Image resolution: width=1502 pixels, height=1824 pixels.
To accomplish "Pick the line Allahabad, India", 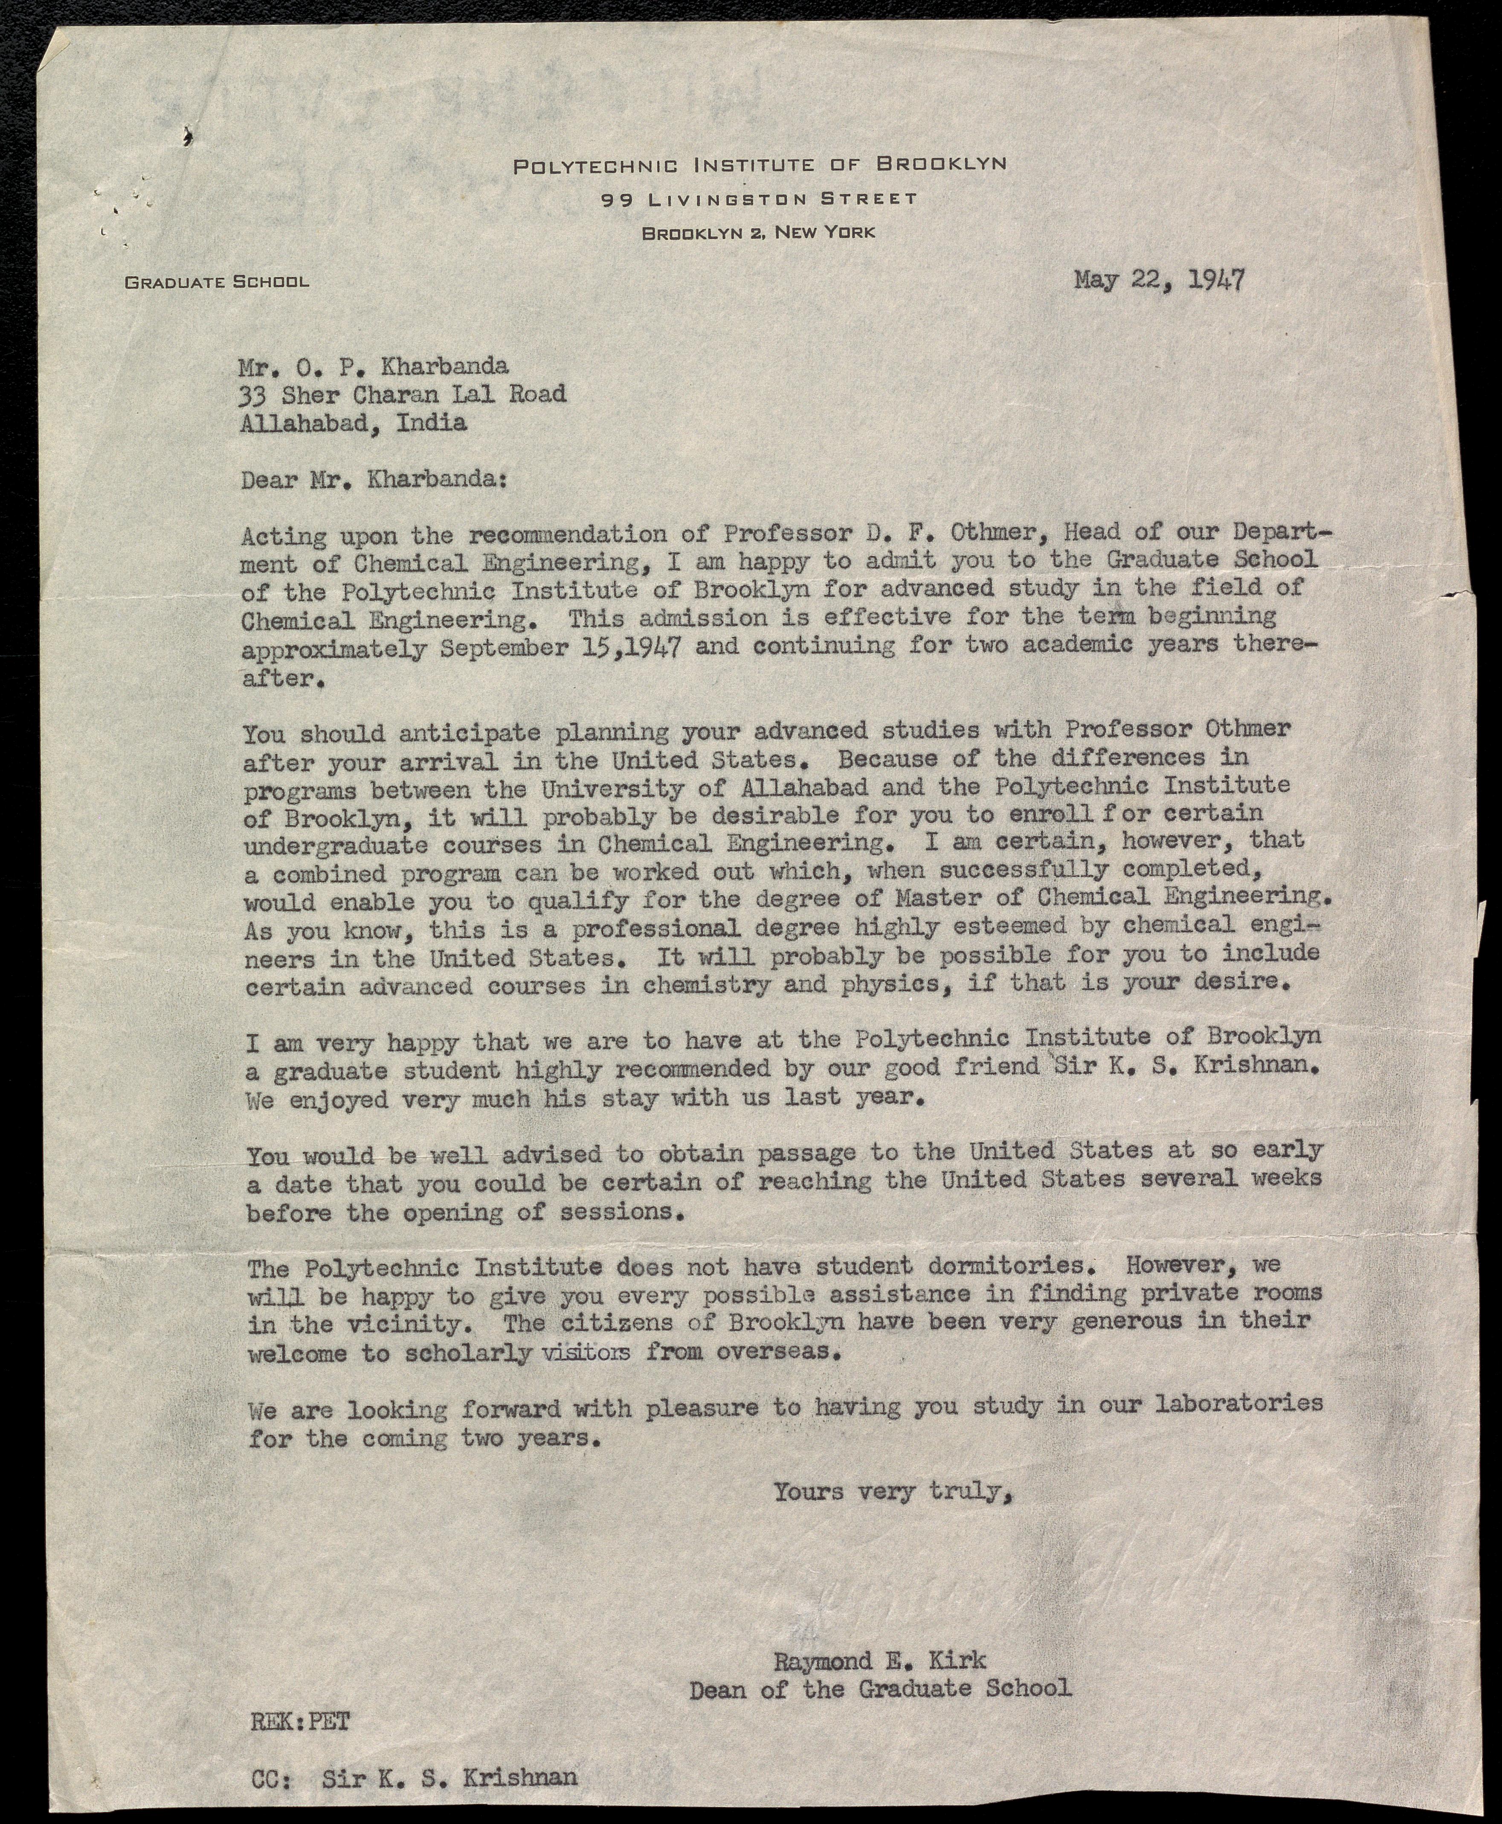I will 355,423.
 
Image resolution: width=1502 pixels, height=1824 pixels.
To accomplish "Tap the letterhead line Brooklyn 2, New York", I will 758,232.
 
